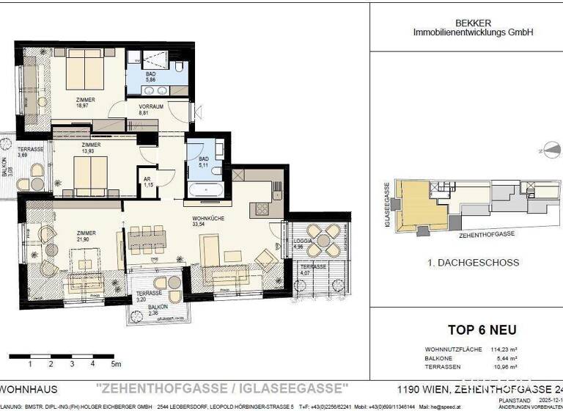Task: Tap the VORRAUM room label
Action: point(151,106)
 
